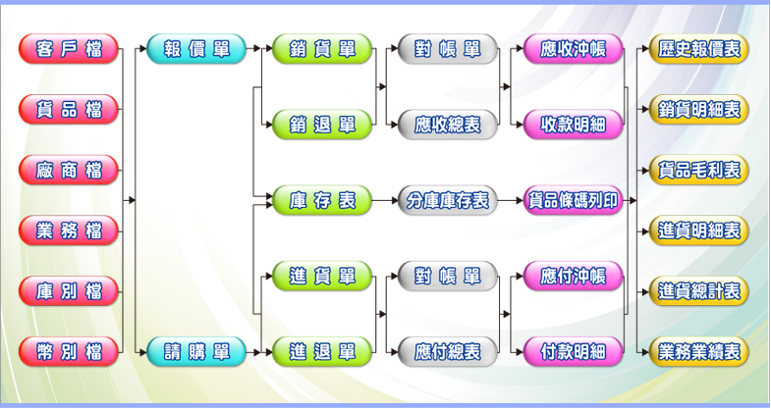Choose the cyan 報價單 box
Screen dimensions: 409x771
point(196,48)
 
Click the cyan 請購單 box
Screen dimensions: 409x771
point(196,351)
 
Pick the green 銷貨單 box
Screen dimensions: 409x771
point(322,48)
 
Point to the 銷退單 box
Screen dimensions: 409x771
point(322,124)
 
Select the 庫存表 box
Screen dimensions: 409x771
point(322,201)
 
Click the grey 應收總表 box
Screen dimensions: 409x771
point(447,124)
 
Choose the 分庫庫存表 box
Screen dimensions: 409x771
point(447,201)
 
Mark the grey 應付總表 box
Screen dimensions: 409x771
point(447,351)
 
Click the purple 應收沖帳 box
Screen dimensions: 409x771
point(574,48)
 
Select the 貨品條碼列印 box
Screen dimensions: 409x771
point(574,201)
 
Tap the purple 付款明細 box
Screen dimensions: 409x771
point(574,351)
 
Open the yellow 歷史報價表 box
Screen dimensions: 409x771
point(699,48)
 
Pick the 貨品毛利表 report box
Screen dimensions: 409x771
point(699,170)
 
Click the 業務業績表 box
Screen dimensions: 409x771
point(699,351)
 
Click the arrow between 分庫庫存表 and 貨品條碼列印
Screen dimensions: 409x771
point(510,201)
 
